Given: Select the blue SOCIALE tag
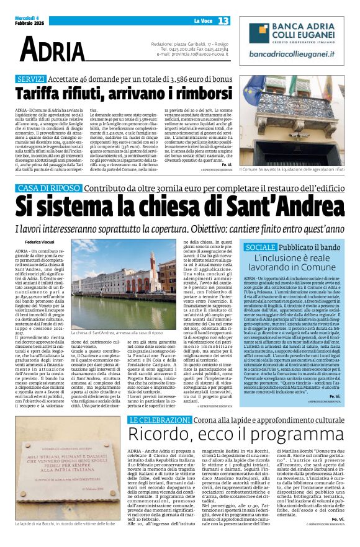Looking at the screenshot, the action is click(259, 247).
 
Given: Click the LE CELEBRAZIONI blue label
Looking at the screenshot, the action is click(156, 420).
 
